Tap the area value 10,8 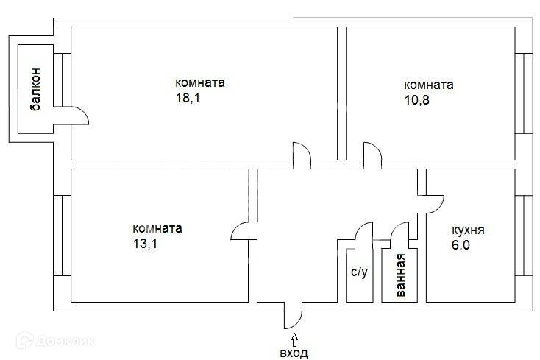[417, 100]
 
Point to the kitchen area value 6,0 [463, 245]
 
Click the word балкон [35, 93]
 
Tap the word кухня [468, 230]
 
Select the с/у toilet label [359, 272]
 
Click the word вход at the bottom [294, 353]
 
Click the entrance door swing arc [293, 317]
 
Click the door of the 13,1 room [242, 230]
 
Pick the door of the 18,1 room [301, 153]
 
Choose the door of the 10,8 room [372, 154]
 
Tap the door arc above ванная [399, 232]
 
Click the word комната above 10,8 [428, 85]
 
